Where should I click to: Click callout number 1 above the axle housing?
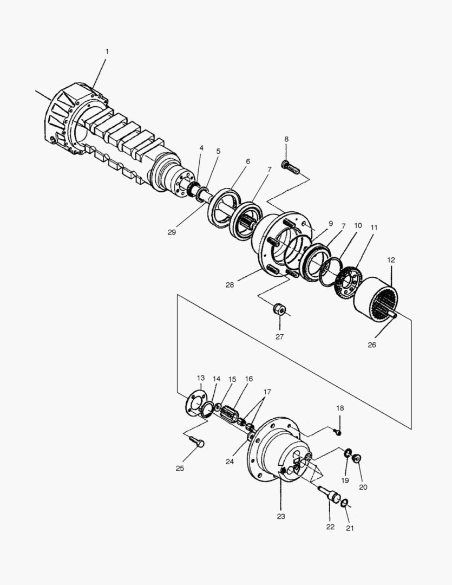(x=107, y=51)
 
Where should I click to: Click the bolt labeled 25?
(x=196, y=443)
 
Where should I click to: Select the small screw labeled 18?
(x=339, y=432)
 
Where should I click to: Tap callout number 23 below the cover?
(x=280, y=517)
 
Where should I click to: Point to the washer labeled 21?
(x=344, y=504)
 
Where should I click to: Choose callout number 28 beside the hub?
(x=230, y=285)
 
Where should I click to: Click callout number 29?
(x=172, y=232)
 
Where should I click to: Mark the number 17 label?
(x=267, y=392)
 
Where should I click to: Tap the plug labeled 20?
(x=357, y=459)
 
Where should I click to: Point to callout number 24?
(x=230, y=461)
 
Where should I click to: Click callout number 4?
(x=201, y=148)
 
